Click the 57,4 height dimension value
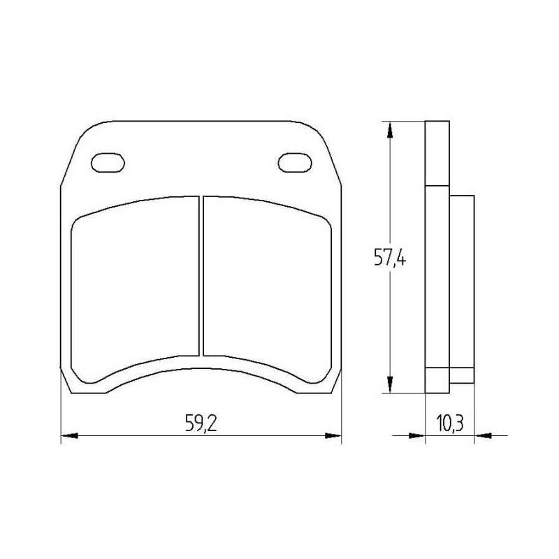[390, 260]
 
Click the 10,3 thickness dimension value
[451, 423]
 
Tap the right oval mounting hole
[294, 162]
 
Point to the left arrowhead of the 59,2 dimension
[68, 436]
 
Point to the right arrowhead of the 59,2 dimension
[335, 436]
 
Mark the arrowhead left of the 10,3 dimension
[418, 436]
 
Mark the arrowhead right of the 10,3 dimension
[482, 436]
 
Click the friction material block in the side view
[462, 286]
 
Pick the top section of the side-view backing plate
[437, 154]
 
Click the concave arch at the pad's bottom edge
[201, 370]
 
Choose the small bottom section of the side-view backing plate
[437, 381]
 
